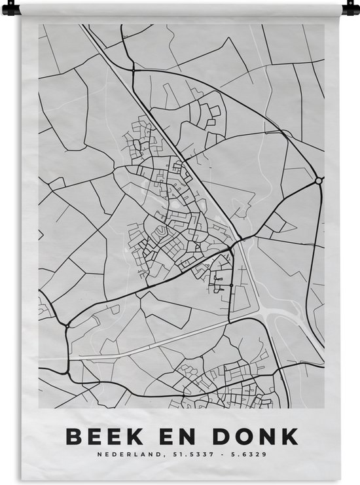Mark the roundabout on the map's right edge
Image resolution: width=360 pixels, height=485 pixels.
(x=318, y=180)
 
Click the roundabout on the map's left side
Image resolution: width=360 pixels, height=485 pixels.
(x=67, y=325)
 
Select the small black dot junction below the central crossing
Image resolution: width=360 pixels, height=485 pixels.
(x=230, y=285)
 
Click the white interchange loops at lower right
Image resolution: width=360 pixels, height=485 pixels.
(x=288, y=321)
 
